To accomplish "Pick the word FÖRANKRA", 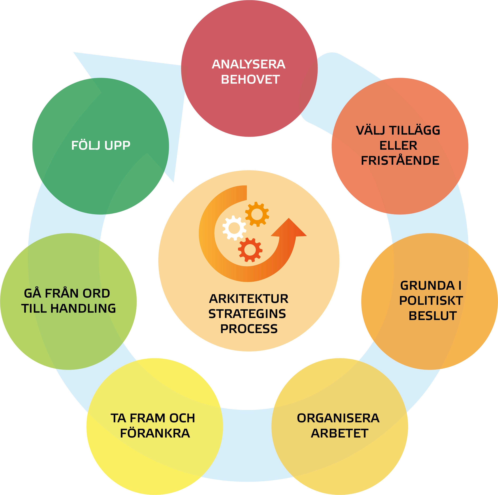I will click(155, 433).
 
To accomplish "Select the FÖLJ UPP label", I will click(101, 146).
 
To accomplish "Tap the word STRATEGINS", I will click(247, 314).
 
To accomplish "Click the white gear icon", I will click(234, 228).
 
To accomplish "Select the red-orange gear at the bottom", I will click(250, 250).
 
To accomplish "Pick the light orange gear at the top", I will click(257, 214).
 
